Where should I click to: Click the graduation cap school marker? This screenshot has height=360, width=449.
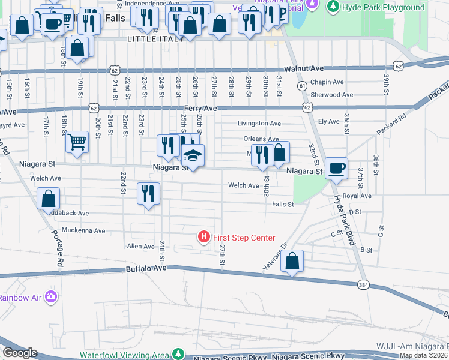193,156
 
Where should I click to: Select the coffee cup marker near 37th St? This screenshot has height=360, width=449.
336,169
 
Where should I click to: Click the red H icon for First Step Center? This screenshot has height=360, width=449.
204,238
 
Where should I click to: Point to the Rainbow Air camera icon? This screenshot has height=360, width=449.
52,296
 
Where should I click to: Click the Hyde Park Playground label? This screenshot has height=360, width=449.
383,7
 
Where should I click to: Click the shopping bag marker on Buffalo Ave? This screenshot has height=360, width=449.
292,262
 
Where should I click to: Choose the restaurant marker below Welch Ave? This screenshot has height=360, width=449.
148,194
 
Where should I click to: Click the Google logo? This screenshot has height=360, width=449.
19,353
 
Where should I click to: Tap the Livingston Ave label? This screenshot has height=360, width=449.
258,124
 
